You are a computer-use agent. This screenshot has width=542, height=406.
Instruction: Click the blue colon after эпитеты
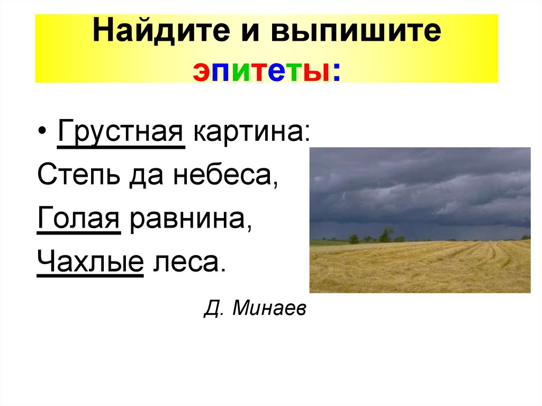(x=336, y=71)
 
